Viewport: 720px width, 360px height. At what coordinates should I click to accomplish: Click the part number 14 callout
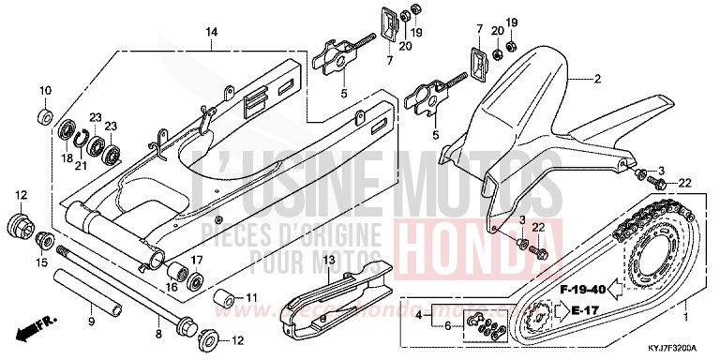pos(212,32)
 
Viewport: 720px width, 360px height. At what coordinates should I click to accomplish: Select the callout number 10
pos(45,89)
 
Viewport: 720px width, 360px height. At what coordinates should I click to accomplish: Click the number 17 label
pos(198,259)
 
